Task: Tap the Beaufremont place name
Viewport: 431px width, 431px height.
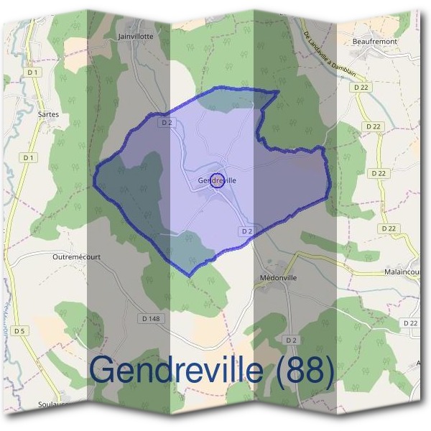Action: click(375, 42)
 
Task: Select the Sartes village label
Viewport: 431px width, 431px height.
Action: click(47, 113)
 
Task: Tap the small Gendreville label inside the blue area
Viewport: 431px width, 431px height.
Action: click(215, 180)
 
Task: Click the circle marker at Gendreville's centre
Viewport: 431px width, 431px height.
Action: click(218, 181)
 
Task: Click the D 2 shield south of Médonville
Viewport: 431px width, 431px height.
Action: click(291, 339)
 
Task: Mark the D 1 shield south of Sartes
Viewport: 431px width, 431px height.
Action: click(29, 157)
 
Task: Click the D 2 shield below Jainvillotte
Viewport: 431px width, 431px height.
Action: click(167, 122)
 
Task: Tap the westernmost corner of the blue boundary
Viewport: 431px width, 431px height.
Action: click(93, 177)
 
